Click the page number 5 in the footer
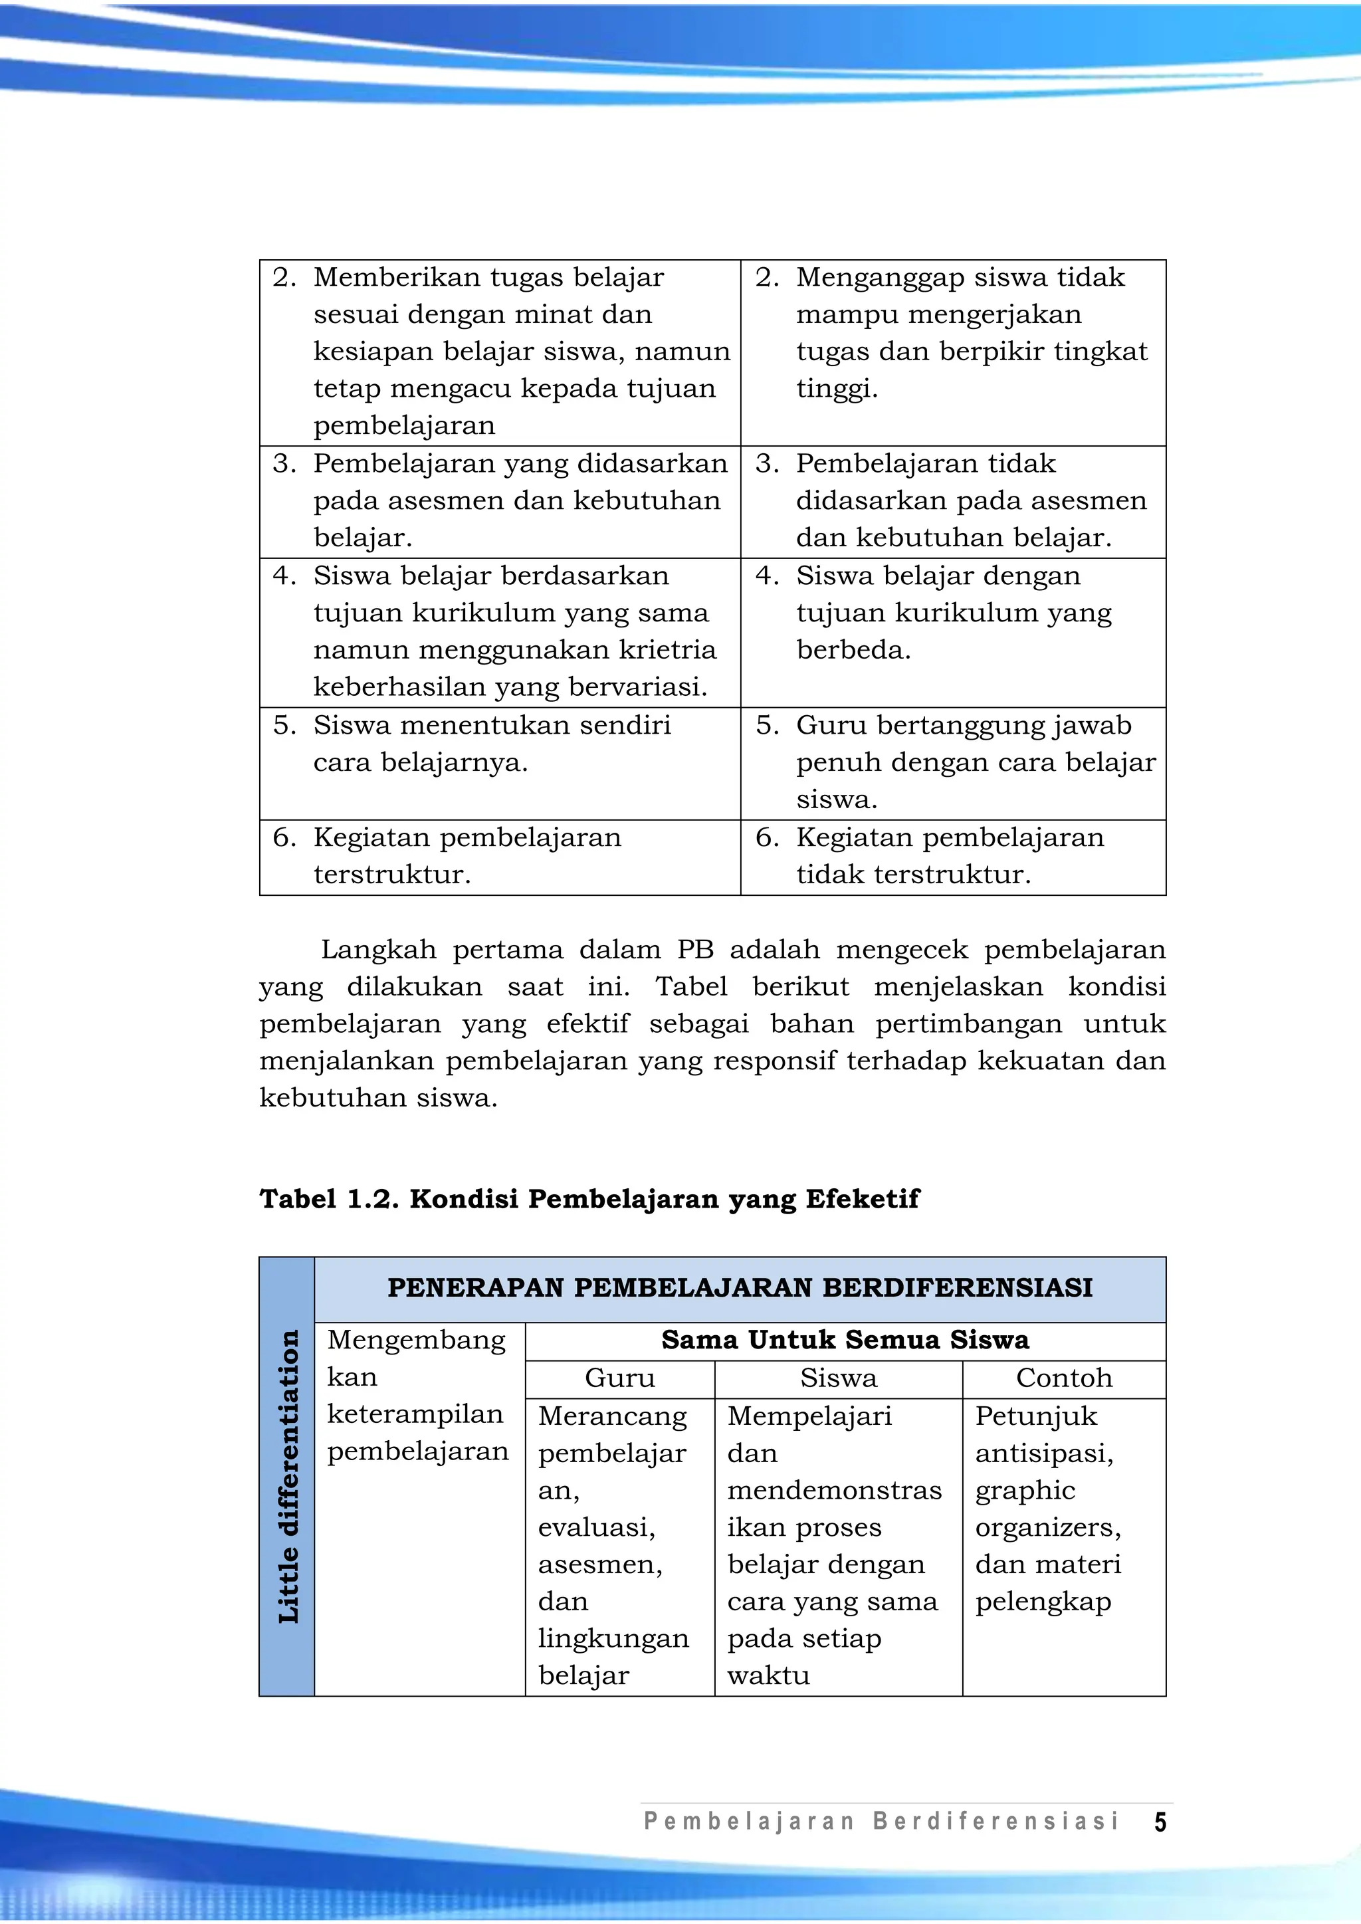click(x=1160, y=1822)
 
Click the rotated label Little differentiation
click(x=288, y=1477)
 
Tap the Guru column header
click(x=619, y=1378)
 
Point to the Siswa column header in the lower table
click(x=838, y=1378)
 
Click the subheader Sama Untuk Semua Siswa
click(x=845, y=1340)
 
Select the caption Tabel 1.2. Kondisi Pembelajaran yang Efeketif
click(x=589, y=1198)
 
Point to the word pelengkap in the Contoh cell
click(x=1043, y=1602)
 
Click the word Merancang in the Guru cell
click(x=612, y=1416)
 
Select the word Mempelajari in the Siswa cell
click(x=809, y=1416)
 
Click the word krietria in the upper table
click(x=667, y=649)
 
